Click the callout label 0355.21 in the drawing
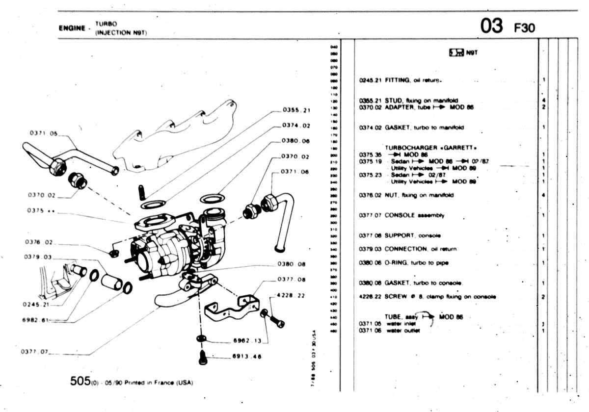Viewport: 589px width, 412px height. [296, 110]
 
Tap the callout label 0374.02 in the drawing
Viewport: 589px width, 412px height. [296, 126]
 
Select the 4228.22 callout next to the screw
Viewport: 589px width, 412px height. [291, 295]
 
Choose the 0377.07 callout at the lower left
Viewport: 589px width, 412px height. [34, 352]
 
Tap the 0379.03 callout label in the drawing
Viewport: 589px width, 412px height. [37, 257]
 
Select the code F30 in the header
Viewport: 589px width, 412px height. [524, 29]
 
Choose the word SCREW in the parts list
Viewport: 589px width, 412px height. [395, 296]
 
